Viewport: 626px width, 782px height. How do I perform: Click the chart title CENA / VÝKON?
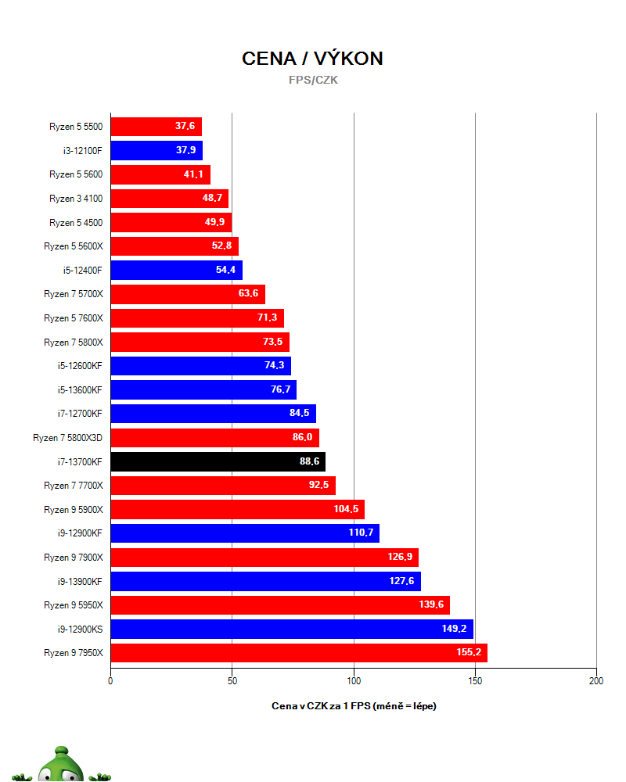coord(312,59)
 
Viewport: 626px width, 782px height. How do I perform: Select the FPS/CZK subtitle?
coord(313,80)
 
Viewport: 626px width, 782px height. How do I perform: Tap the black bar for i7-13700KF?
coord(218,461)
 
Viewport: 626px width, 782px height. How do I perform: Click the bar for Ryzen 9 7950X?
coord(299,652)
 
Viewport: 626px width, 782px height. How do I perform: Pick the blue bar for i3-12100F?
coord(156,151)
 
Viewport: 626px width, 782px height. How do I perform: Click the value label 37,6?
coord(185,127)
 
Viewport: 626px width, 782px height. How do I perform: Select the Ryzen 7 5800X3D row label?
coord(67,438)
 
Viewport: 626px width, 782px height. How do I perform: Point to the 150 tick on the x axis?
coord(474,681)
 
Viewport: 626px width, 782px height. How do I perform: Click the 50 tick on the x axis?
coord(232,681)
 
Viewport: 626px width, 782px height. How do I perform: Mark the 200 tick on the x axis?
coord(595,681)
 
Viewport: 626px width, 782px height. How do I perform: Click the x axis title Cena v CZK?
coord(354,706)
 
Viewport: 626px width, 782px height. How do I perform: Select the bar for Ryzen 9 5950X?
coord(280,604)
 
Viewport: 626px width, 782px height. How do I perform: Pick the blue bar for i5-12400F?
coord(176,271)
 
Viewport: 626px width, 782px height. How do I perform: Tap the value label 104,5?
coord(347,509)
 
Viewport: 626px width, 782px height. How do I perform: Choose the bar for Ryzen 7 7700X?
coord(223,486)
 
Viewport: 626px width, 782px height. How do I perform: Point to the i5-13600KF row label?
coord(75,390)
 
